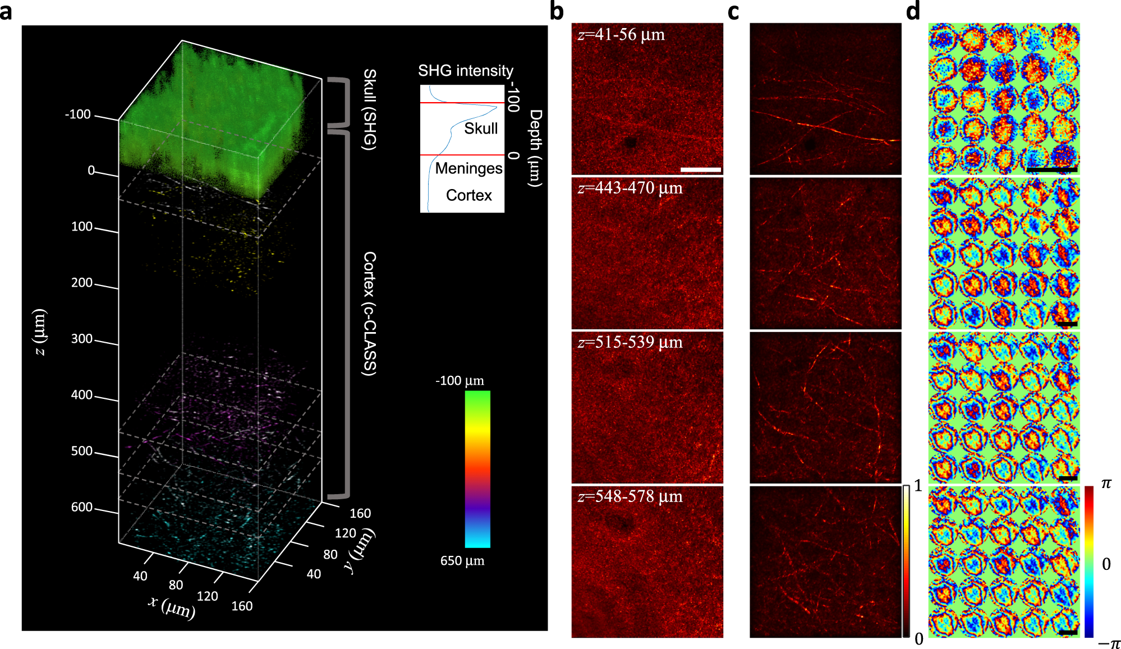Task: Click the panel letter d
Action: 913,11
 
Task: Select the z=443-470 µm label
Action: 630,188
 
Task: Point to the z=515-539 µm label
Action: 630,342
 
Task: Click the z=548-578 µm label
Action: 630,496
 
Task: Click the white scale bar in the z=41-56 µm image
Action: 700,169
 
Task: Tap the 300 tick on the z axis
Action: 82,339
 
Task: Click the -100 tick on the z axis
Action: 78,114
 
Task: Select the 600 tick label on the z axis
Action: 82,507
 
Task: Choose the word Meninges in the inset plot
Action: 468,168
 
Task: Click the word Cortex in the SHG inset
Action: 468,195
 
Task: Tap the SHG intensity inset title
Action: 465,71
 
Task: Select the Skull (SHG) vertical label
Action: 370,109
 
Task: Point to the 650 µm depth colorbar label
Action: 462,560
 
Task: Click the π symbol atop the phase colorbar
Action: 1106,484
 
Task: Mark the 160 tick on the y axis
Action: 360,513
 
